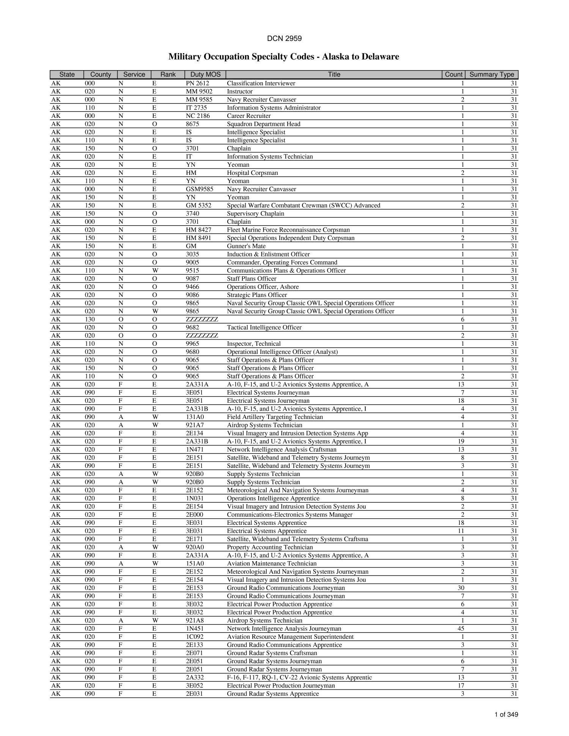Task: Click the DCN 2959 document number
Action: (284, 38)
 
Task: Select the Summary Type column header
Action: (491, 75)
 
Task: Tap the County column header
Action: (101, 75)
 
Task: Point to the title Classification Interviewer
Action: (261, 83)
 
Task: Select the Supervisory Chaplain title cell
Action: (255, 213)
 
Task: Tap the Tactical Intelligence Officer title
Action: (264, 327)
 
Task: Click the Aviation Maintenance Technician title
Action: (272, 563)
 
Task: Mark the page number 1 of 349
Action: (506, 715)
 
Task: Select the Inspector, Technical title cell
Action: (254, 344)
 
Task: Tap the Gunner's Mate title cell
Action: (246, 246)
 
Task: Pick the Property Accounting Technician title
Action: (270, 547)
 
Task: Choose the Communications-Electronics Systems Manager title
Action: (289, 515)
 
